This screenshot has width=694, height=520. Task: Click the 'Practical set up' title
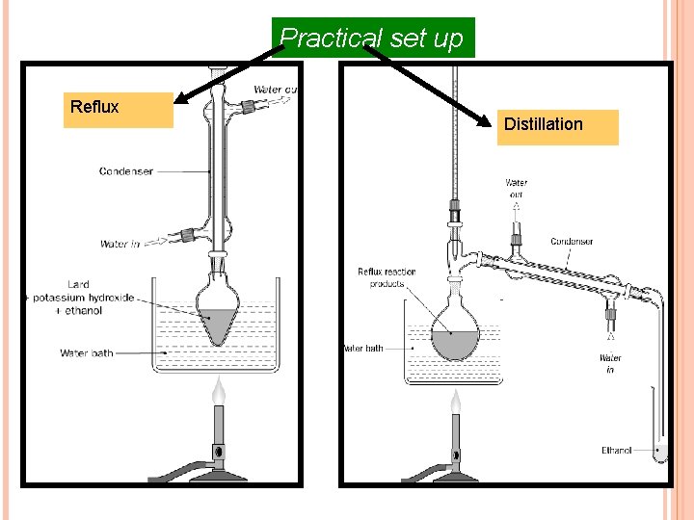[372, 39]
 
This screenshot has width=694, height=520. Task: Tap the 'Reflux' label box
[118, 110]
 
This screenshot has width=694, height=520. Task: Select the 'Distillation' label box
[559, 126]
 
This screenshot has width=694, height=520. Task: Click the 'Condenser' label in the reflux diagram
[125, 171]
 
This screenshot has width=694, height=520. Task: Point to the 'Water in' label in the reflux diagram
[120, 245]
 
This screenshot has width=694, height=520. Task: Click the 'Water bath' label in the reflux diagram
[86, 353]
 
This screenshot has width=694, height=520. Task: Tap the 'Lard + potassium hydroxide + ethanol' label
[83, 298]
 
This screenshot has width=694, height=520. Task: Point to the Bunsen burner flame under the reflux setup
[219, 391]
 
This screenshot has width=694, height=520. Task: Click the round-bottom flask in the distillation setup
[456, 332]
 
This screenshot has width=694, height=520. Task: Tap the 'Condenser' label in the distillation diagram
[572, 242]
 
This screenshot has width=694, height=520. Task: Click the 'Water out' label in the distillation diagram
[517, 188]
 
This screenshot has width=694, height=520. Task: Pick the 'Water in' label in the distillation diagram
[610, 363]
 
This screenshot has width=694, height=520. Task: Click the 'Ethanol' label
[616, 450]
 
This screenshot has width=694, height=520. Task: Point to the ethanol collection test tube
[659, 424]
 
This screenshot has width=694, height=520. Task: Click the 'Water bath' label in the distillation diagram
[363, 349]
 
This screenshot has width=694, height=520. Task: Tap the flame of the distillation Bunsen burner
[455, 401]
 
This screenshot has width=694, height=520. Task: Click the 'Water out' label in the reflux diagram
[275, 91]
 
